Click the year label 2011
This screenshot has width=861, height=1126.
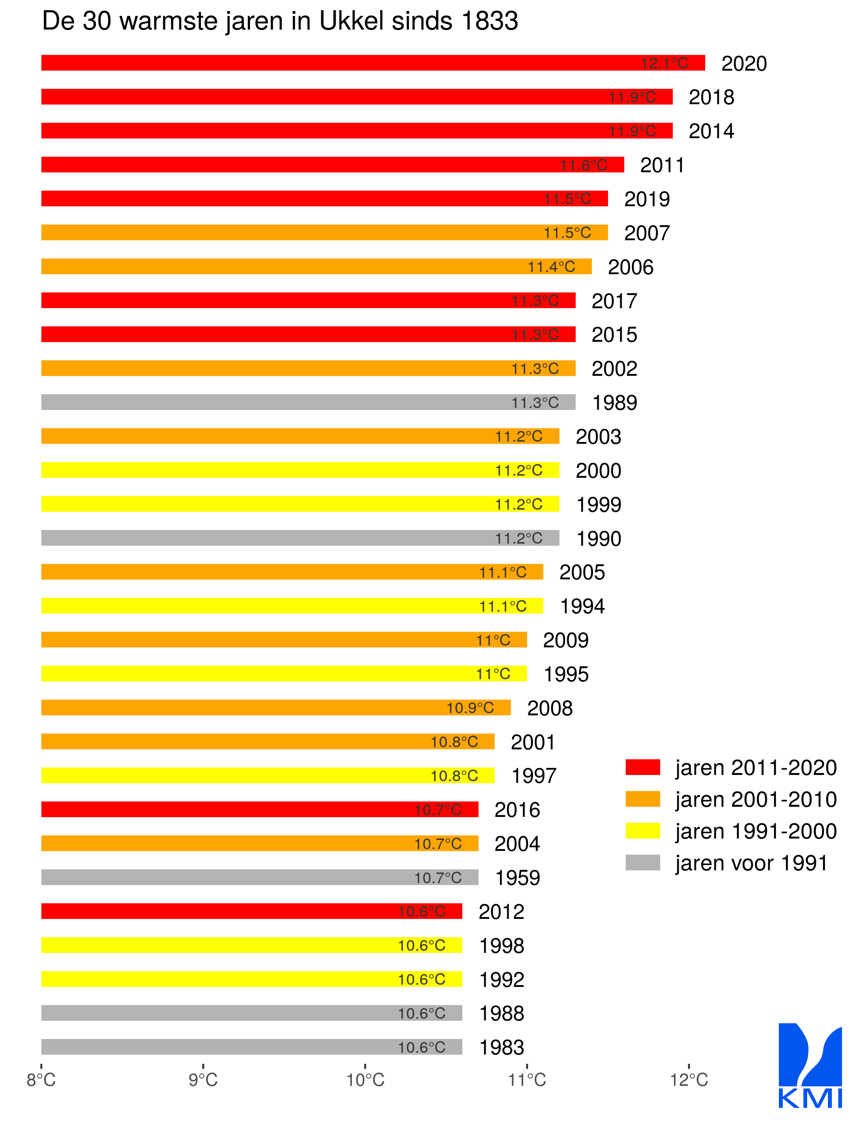(x=662, y=165)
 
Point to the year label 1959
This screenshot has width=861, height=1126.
(x=517, y=877)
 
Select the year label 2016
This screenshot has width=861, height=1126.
(x=517, y=810)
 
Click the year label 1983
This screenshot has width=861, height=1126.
(x=501, y=1047)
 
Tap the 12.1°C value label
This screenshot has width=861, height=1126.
(x=664, y=64)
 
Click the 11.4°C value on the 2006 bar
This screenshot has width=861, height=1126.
(x=551, y=267)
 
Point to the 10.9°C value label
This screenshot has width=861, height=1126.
(x=470, y=708)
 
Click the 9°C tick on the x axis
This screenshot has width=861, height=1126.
(x=203, y=1079)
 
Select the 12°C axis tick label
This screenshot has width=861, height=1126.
(x=689, y=1079)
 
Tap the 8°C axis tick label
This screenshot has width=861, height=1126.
(x=41, y=1079)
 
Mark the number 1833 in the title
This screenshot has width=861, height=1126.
(x=489, y=22)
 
